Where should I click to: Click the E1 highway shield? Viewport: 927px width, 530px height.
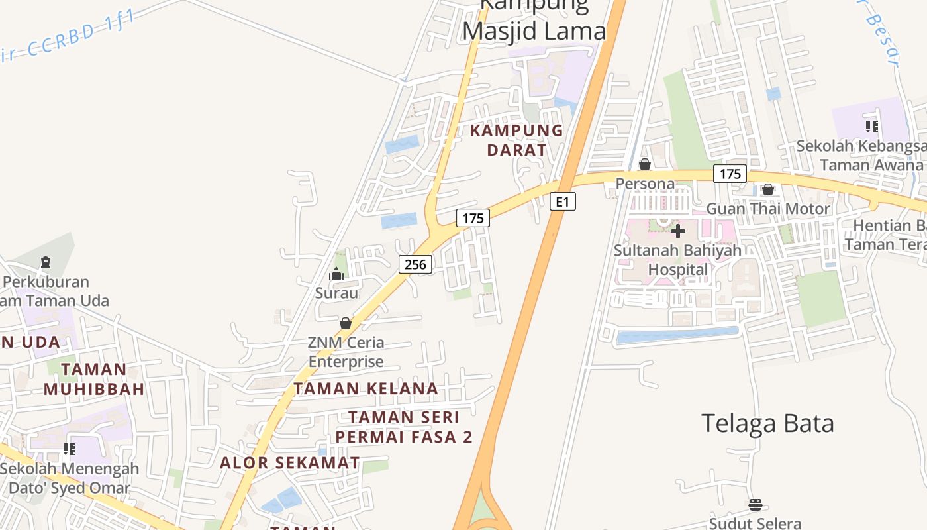pos(562,201)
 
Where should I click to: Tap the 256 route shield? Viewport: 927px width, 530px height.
pos(415,264)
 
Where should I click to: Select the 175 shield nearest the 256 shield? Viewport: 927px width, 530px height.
pos(473,217)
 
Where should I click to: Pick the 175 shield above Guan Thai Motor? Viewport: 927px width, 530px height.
pos(730,174)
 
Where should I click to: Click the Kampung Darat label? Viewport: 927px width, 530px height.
pos(516,140)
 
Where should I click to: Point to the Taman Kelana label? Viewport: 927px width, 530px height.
pos(366,388)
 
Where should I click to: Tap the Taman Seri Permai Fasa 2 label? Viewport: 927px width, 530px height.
pos(404,427)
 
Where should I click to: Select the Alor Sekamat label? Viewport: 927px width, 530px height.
pos(290,462)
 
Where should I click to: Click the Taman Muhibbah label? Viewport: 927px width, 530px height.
pos(94,379)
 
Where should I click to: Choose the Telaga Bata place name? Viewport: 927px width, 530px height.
pos(767,423)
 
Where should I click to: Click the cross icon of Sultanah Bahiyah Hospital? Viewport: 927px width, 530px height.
pos(678,231)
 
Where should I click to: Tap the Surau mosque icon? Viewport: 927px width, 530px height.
pos(336,274)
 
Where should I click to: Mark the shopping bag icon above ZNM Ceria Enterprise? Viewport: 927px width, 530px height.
pos(346,323)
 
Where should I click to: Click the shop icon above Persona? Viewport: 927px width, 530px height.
pos(644,164)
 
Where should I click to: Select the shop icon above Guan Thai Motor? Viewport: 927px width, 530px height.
pos(767,190)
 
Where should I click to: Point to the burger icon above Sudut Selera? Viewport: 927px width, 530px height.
pos(755,505)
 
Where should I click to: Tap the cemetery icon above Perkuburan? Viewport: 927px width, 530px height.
pos(45,262)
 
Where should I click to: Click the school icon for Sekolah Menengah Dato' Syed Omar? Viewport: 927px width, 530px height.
pos(70,449)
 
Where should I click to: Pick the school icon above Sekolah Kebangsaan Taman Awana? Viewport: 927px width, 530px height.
pos(871,126)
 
